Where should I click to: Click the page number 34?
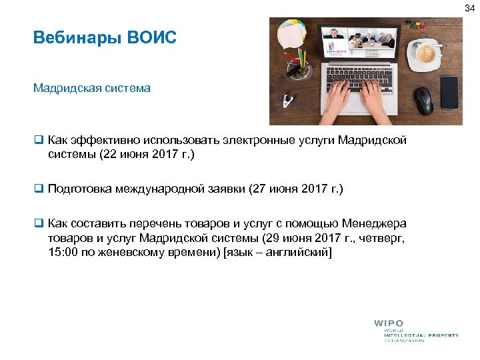[x=471, y=7]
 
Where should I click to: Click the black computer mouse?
[x=423, y=101]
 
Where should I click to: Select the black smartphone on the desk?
[x=449, y=92]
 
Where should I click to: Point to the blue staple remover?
[x=287, y=101]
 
